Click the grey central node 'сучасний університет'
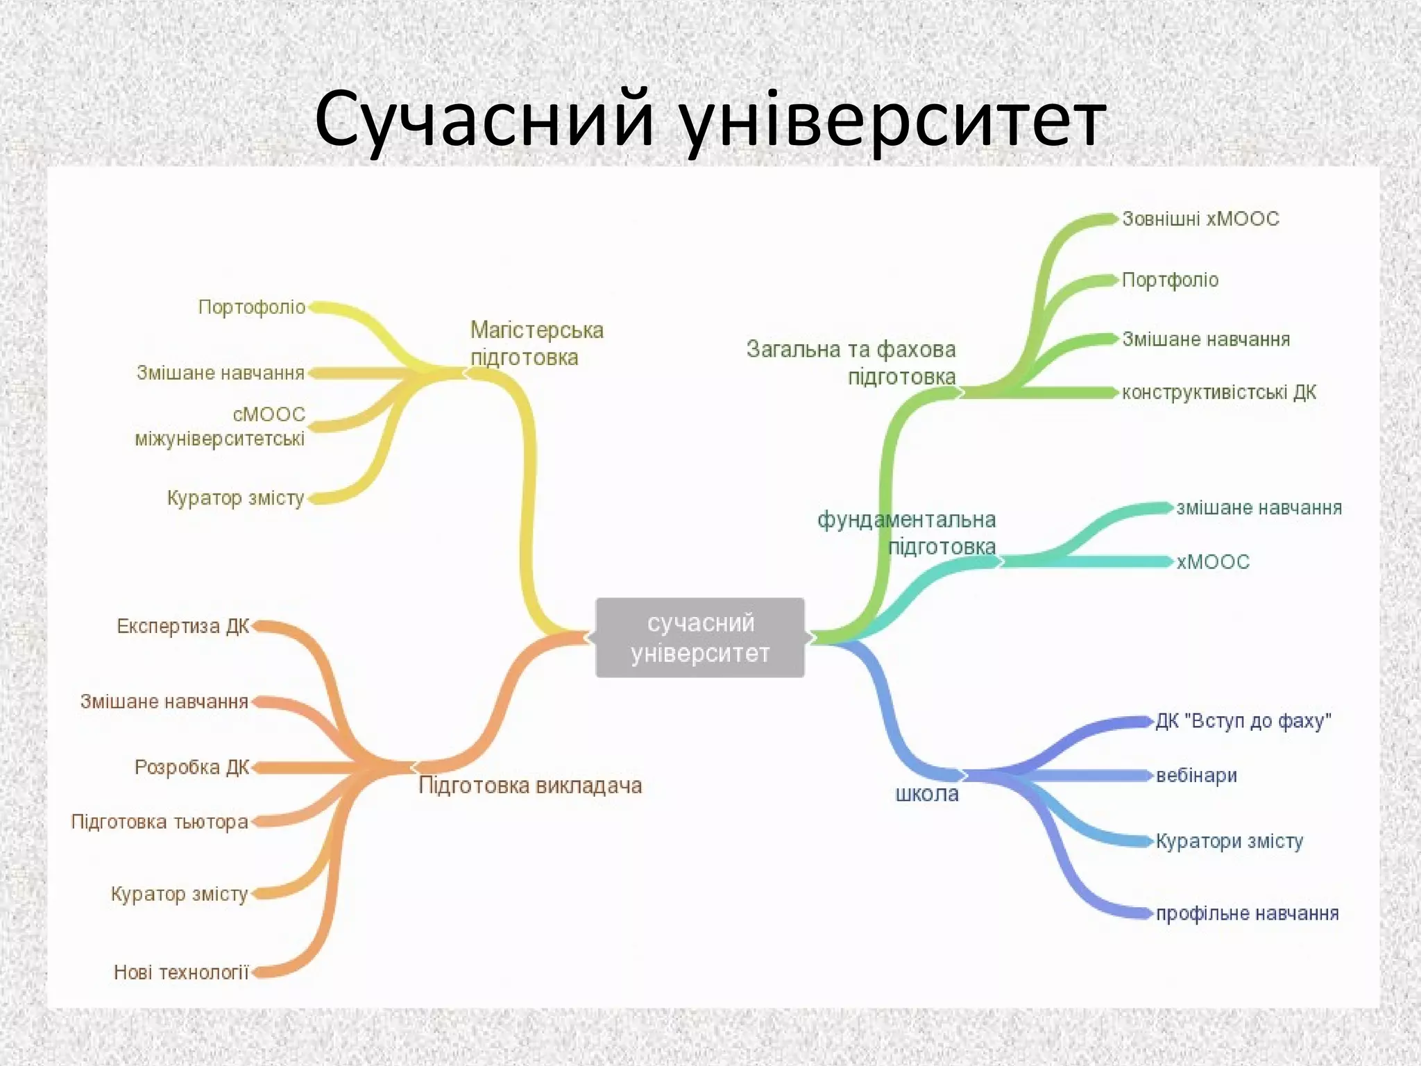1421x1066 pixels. (700, 637)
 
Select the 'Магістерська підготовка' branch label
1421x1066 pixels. (536, 344)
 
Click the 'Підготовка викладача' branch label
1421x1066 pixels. (530, 786)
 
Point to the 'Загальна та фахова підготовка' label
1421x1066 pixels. (851, 363)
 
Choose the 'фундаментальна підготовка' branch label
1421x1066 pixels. (907, 533)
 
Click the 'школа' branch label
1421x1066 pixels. (927, 793)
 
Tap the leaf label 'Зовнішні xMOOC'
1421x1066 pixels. (1200, 219)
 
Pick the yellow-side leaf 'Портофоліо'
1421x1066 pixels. (252, 307)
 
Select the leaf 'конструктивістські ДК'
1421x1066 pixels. (1219, 393)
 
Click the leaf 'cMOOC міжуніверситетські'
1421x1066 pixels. (221, 426)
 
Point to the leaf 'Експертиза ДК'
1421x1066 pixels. (183, 626)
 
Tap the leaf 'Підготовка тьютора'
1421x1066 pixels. (160, 822)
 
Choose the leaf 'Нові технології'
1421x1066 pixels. (181, 972)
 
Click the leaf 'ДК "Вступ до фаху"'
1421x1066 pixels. (1243, 721)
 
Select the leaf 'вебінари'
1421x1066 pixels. (1196, 775)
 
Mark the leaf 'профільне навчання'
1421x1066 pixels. (1247, 913)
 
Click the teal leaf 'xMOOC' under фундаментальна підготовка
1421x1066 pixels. (1213, 561)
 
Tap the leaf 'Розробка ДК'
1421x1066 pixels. (192, 767)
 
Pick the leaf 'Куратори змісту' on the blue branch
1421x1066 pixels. (1229, 841)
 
